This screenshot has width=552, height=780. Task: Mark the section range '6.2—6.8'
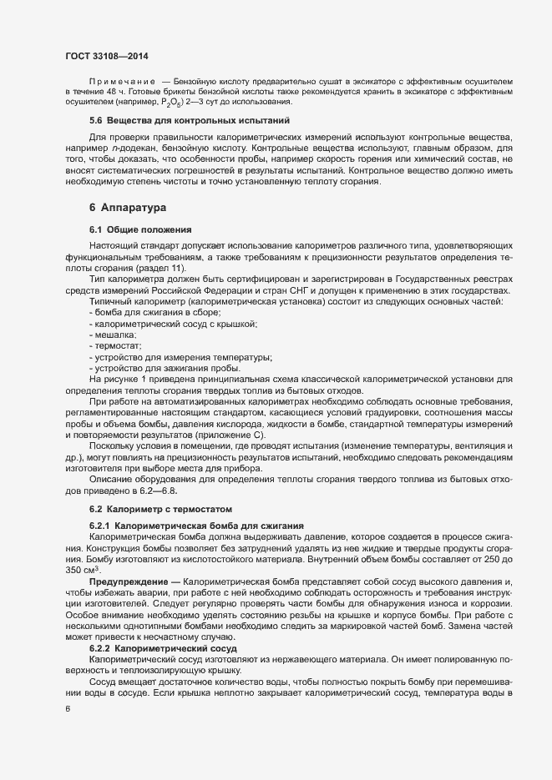point(163,491)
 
